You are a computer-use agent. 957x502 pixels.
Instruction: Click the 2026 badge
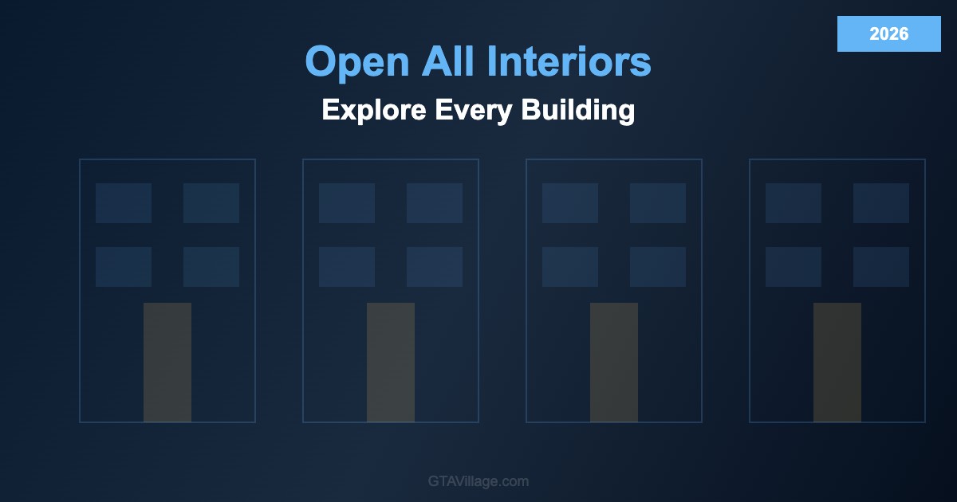coord(889,33)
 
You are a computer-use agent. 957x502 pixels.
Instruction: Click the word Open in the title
coord(357,62)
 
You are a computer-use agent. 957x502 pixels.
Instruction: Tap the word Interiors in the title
coord(569,61)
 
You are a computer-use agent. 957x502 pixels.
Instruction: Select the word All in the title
coord(448,61)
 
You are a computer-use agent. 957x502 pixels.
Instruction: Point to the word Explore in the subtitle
coord(374,111)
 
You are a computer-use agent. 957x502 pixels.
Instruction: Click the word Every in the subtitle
coord(474,111)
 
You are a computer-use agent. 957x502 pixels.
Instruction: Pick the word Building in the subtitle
coord(578,111)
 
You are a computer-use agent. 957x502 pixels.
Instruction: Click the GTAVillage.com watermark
coord(478,481)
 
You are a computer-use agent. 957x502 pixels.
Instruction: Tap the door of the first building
coord(167,363)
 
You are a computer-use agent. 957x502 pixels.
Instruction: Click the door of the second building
coord(391,363)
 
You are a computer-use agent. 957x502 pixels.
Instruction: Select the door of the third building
coord(614,363)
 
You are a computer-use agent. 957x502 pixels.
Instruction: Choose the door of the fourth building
coord(837,363)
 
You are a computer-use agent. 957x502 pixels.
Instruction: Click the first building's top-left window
coord(124,203)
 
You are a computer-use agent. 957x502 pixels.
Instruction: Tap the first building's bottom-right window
coord(211,267)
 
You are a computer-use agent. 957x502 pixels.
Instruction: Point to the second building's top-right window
coord(435,203)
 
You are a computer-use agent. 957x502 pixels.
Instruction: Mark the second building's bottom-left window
coord(347,267)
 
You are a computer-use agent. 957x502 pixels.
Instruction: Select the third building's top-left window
coord(570,203)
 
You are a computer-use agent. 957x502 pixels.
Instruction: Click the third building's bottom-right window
coord(658,267)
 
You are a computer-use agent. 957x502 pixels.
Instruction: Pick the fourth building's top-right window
coord(881,203)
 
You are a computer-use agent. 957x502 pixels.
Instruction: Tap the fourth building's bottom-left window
coord(794,267)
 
